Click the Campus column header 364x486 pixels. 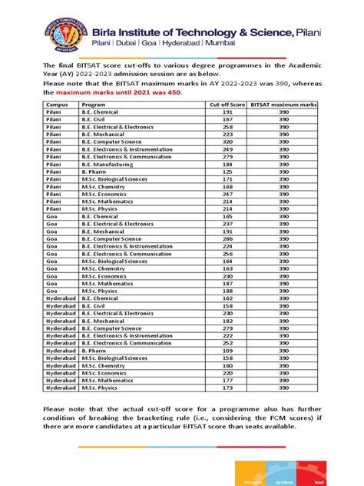point(55,103)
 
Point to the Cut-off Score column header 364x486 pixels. point(227,103)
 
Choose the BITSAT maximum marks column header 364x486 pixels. point(283,103)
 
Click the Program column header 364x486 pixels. point(94,103)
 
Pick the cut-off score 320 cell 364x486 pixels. point(227,142)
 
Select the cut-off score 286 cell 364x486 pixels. point(227,238)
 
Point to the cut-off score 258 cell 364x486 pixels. point(227,127)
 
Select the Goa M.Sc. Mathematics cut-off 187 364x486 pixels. point(227,283)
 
